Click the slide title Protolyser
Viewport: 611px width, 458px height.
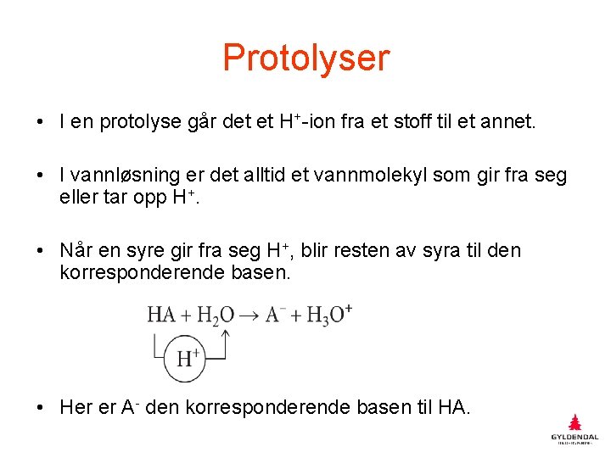coord(305,58)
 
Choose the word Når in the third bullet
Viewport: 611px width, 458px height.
coord(77,250)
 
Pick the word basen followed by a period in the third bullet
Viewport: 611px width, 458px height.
coord(258,272)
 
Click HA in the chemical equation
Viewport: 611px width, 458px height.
coord(161,315)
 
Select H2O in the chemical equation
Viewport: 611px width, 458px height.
coord(216,315)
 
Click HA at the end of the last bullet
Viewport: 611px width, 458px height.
coord(452,407)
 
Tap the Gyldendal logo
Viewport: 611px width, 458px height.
coord(575,430)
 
